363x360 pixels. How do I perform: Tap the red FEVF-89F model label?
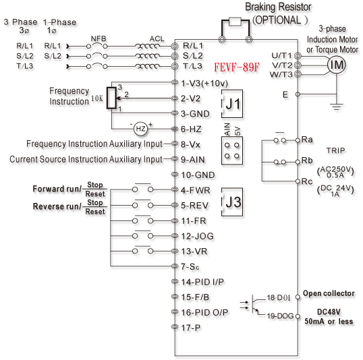click(237, 67)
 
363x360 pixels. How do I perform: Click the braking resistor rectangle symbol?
click(235, 22)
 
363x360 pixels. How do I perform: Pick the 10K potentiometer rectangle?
click(111, 98)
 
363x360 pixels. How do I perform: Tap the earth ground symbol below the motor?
click(337, 107)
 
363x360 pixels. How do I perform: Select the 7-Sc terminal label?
click(190, 267)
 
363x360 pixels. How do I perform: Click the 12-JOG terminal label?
click(197, 236)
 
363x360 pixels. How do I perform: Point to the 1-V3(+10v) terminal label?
click(204, 84)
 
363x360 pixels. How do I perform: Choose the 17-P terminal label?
click(191, 328)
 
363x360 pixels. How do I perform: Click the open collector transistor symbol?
click(255, 304)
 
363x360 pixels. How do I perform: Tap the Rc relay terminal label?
click(307, 181)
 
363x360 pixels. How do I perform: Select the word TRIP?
click(336, 150)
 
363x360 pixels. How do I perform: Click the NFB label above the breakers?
click(99, 38)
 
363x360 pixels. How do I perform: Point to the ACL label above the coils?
click(157, 38)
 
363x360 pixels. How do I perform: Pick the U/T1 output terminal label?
click(281, 55)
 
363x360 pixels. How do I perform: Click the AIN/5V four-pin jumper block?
click(232, 150)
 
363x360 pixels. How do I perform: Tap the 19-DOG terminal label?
click(280, 316)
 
